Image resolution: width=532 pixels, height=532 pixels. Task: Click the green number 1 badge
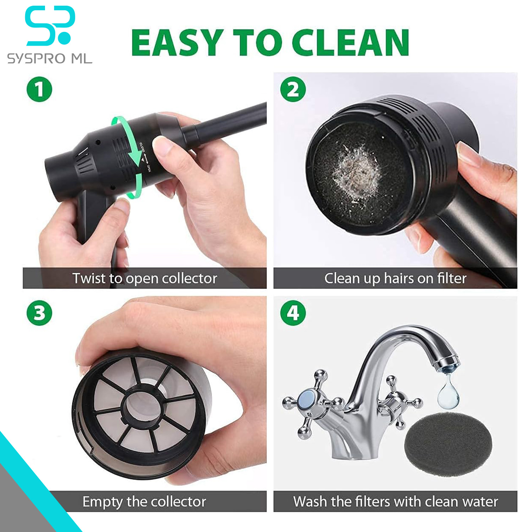click(39, 89)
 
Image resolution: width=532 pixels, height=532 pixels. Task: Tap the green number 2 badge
click(293, 89)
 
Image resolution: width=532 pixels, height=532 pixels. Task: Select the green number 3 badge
click(39, 313)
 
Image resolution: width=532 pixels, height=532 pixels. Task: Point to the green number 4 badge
click(293, 313)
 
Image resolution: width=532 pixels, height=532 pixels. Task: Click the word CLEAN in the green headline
click(351, 43)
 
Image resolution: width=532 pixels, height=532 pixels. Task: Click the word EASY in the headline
click(178, 43)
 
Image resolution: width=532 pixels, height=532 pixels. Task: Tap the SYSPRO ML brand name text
click(50, 58)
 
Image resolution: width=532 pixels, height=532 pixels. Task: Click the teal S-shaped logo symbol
click(50, 26)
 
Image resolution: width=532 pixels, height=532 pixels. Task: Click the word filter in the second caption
click(452, 278)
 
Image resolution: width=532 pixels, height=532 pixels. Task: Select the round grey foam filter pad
click(448, 443)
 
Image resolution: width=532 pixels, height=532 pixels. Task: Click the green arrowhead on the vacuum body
click(136, 159)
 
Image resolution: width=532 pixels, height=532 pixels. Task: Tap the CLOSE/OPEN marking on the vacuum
click(146, 158)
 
